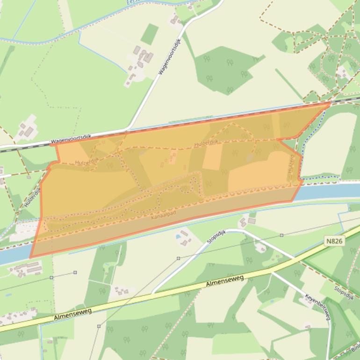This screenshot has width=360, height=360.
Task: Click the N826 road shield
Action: (335, 241)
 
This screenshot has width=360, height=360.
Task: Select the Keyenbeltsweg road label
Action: (318, 307)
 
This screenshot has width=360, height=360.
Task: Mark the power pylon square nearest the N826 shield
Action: (281, 235)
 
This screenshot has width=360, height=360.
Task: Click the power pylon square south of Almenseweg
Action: (99, 326)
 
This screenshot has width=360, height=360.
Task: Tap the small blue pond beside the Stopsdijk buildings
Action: (178, 237)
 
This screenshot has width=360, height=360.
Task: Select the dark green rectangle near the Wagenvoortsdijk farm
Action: (150, 34)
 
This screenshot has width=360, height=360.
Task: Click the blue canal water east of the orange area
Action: (327, 191)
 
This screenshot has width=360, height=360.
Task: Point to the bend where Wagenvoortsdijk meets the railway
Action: (127, 129)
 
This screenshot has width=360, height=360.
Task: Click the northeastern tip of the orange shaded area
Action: (330, 102)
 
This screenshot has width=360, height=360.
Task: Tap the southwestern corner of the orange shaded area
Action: (30, 257)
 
